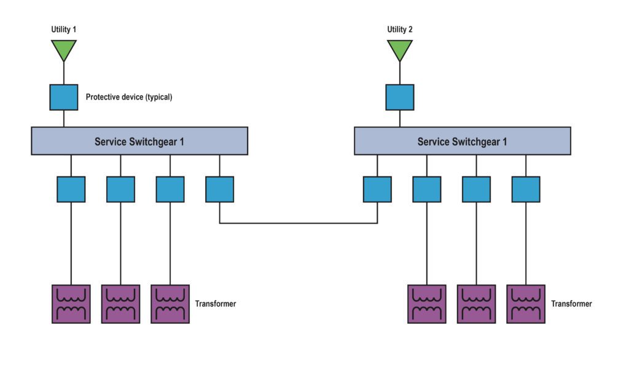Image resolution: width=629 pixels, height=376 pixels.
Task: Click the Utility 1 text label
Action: coord(63,29)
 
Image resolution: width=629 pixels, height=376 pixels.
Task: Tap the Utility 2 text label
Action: coord(399,29)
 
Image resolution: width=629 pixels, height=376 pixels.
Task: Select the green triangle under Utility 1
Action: coord(64,50)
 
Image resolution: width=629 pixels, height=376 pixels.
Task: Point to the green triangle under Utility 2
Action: coord(399,50)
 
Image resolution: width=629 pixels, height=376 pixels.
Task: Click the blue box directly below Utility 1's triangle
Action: coord(64,97)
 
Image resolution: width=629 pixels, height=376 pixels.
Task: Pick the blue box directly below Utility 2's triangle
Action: coord(399,97)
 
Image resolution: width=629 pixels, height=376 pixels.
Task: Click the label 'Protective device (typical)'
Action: coord(129,97)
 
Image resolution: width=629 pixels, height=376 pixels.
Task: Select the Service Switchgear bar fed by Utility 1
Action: coord(139,141)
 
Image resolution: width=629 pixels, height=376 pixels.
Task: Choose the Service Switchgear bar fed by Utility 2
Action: coord(462,141)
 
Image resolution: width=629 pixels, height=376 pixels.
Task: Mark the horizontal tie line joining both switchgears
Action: coord(299,223)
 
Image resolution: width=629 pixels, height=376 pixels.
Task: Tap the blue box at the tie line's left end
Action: coord(219,189)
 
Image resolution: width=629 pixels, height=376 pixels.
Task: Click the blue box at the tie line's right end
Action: coord(377,189)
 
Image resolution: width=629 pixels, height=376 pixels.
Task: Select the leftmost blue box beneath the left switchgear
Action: coord(71,189)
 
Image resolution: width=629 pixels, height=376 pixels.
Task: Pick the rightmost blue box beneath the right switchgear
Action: coord(526,189)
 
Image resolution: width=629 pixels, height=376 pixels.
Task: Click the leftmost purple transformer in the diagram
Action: coord(71,304)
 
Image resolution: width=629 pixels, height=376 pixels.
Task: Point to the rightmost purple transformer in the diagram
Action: coord(526,304)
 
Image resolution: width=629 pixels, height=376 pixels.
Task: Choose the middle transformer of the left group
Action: coord(120,304)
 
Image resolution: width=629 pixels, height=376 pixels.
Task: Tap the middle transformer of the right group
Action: coord(476,304)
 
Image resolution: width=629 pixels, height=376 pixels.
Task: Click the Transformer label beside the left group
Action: coord(216,304)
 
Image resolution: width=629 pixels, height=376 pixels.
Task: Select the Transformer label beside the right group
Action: coord(571,304)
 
